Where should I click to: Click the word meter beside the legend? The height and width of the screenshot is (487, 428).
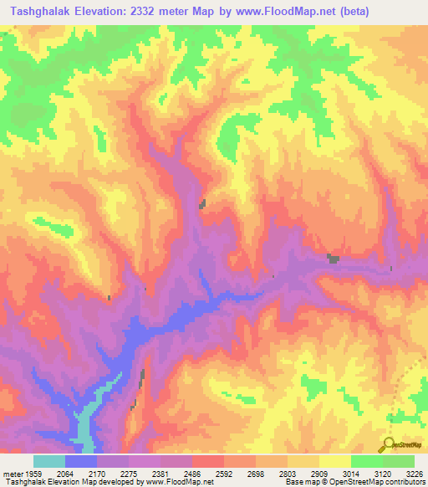12,473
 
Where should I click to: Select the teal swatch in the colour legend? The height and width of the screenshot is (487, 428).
48,461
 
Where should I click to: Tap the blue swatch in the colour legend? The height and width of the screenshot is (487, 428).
80,461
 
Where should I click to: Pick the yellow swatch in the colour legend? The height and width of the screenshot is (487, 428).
334,461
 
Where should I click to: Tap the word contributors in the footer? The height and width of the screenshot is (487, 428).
405,482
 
